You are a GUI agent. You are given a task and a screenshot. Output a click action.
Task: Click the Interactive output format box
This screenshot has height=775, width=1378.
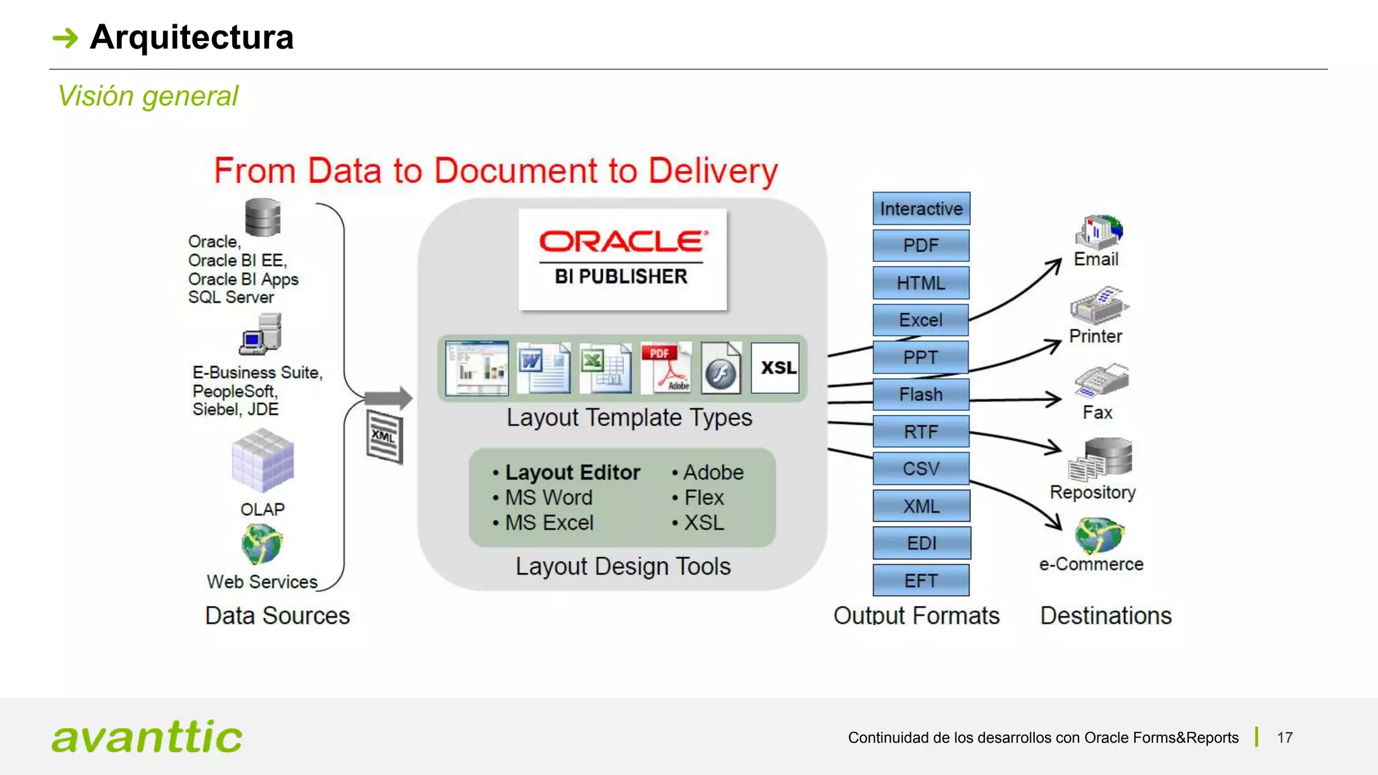pyautogui.click(x=920, y=209)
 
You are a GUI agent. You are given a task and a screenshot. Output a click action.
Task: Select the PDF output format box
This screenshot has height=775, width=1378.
pyautogui.click(x=920, y=246)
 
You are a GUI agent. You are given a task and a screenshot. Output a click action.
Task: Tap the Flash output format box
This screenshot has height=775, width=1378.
pyautogui.click(x=920, y=394)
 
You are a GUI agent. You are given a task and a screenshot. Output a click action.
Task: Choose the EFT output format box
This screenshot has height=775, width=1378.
pyautogui.click(x=920, y=580)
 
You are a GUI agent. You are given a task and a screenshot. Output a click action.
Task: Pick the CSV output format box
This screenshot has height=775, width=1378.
pyautogui.click(x=920, y=468)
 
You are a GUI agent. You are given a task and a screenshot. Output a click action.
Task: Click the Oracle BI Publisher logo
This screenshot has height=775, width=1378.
pyautogui.click(x=622, y=259)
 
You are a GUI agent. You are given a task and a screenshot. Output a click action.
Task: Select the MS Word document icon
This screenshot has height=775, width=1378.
pyautogui.click(x=543, y=368)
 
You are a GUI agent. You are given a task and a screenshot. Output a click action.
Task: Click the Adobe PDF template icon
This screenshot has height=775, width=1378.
pyautogui.click(x=665, y=368)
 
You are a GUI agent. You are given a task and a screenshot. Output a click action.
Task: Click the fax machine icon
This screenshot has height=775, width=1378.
pyautogui.click(x=1101, y=382)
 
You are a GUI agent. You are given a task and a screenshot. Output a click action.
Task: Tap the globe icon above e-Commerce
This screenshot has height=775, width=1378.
pyautogui.click(x=1099, y=536)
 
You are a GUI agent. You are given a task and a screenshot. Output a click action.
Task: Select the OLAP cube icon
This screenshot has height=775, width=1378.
pyautogui.click(x=262, y=462)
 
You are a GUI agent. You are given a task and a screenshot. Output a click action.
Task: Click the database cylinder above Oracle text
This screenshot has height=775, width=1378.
pyautogui.click(x=262, y=217)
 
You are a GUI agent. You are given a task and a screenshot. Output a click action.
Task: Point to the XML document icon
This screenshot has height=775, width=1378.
pyautogui.click(x=385, y=437)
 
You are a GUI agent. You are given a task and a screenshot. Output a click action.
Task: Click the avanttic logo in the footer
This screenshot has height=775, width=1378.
pyautogui.click(x=147, y=737)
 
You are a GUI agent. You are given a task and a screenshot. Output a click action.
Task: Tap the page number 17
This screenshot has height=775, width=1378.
pyautogui.click(x=1284, y=737)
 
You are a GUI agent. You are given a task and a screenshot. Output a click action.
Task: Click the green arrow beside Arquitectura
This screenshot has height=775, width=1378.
pyautogui.click(x=65, y=38)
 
